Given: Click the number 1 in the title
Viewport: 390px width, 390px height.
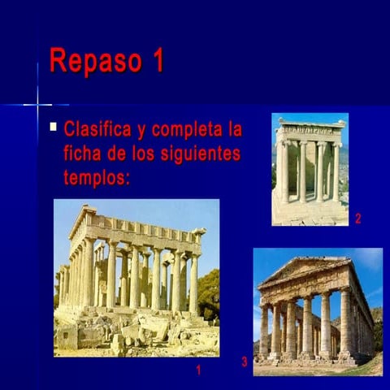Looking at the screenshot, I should tap(157, 61).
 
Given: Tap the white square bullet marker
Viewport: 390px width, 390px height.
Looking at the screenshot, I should tap(53, 127).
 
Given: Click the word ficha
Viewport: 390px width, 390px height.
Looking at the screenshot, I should tap(84, 153).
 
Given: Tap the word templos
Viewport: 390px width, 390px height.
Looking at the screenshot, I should tap(96, 176).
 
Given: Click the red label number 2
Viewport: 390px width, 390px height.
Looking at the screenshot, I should tap(357, 218).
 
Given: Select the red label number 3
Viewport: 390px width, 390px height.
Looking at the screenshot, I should tap(244, 362).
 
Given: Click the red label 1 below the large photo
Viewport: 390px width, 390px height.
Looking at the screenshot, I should tap(197, 370).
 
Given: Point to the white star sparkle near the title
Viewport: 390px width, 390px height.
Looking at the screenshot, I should tap(37, 104).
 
